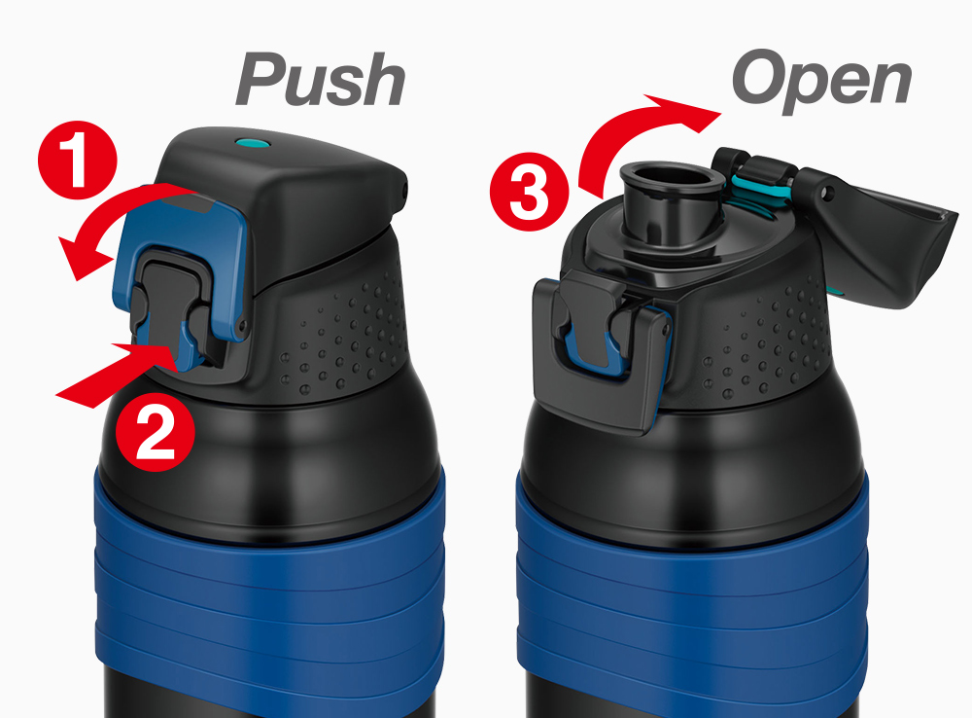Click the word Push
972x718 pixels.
coord(321,80)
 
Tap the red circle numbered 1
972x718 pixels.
coord(77,160)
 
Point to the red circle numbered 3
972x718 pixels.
coord(529,192)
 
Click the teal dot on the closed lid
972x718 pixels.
coord(253,144)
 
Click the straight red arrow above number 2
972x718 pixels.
coord(115,374)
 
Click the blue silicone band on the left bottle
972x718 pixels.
coord(269,595)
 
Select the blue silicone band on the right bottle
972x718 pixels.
coord(691,595)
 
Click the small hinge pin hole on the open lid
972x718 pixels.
coord(824,193)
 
